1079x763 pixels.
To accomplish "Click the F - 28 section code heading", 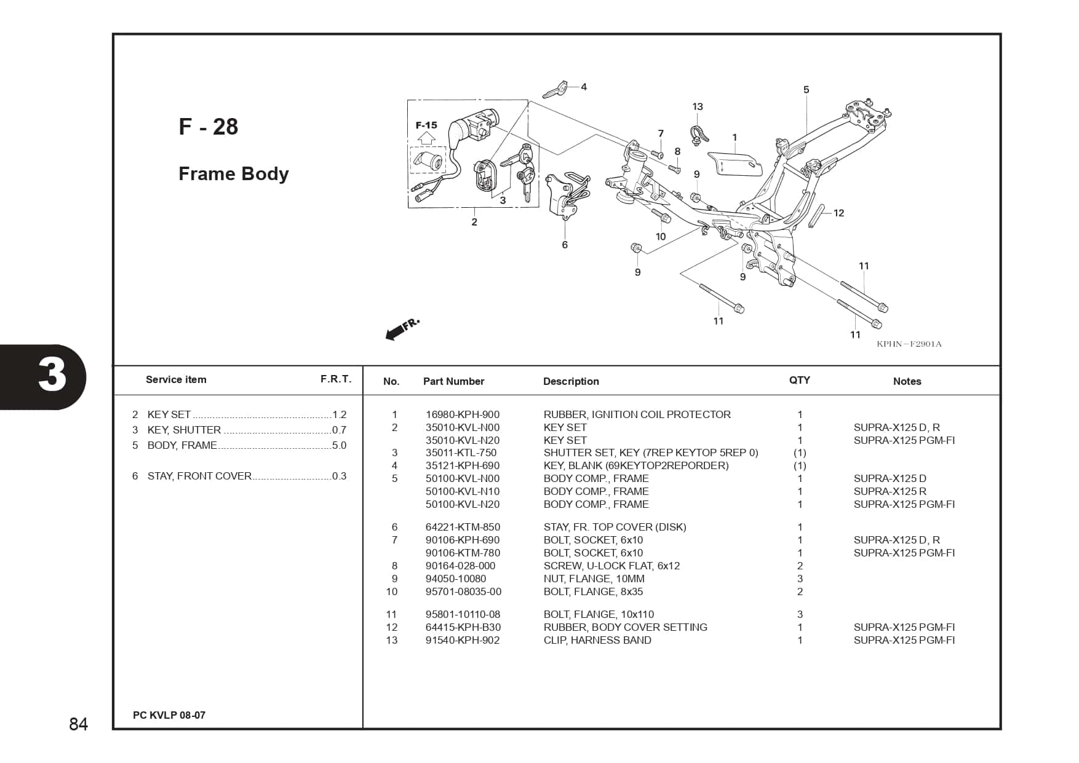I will coord(208,127).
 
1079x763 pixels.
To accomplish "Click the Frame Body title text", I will coord(233,174).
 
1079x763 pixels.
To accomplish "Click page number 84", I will coord(78,724).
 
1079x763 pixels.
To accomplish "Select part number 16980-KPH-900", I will coord(462,414).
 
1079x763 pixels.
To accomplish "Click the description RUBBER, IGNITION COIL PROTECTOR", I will coord(637,414).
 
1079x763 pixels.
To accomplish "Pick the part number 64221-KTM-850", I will coord(462,527).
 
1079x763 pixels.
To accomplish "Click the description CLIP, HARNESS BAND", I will coord(597,640).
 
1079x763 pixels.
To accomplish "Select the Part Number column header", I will coord(453,381).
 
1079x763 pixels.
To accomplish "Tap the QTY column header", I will coord(799,380).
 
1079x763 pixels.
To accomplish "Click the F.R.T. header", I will coord(335,379).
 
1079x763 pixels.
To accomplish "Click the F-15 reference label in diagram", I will coord(426,125).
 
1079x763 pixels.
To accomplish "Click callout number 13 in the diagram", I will coord(697,106).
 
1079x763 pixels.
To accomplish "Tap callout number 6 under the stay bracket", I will coord(565,245).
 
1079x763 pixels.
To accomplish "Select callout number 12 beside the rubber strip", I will coord(838,213).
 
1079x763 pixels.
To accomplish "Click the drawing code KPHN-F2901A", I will coord(909,344).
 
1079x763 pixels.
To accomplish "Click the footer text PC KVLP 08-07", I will coord(169,715).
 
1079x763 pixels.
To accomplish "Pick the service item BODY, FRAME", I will coord(182,445).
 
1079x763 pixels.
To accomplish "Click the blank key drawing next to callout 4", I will coord(554,90).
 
